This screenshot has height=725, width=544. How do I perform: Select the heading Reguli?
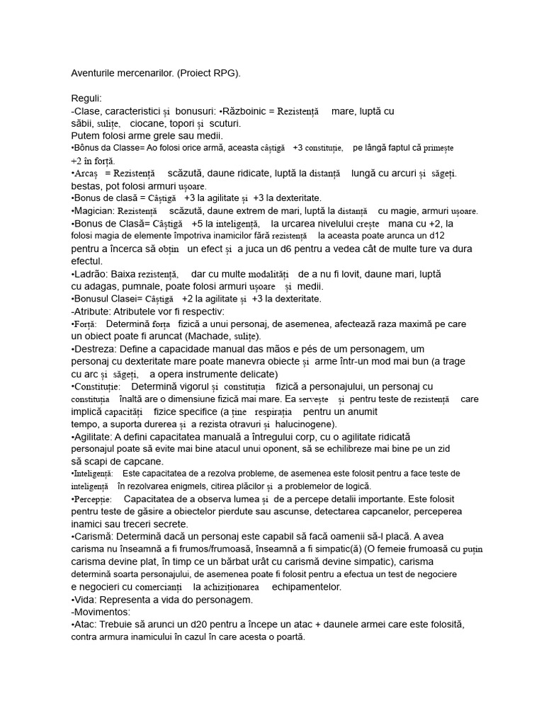point(86,98)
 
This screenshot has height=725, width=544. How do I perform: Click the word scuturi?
point(225,123)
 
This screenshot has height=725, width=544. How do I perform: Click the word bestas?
point(86,185)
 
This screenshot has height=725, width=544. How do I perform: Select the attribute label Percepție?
point(94,499)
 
